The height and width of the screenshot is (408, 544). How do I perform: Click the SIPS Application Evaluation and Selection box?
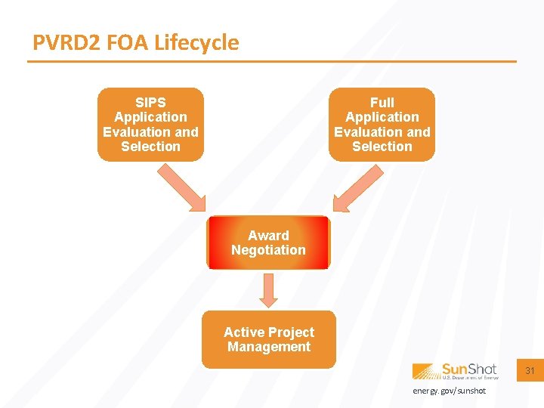tap(150, 125)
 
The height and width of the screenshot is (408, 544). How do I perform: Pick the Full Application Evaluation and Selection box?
tap(382, 125)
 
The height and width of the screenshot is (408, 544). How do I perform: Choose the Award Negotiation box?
tap(268, 243)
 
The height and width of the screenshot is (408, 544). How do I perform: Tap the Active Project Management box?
tap(268, 340)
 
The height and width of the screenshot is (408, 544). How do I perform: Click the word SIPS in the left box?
tap(150, 102)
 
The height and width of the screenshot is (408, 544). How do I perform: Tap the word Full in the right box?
tap(382, 102)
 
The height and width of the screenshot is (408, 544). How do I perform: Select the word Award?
tap(268, 236)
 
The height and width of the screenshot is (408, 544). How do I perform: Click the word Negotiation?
tap(268, 250)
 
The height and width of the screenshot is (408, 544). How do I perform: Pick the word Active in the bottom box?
tap(243, 332)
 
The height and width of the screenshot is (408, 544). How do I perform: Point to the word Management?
tap(269, 347)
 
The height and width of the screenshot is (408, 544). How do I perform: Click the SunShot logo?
tap(455, 370)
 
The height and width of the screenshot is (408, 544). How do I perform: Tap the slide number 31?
tap(530, 371)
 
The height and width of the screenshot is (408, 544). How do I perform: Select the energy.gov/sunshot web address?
tap(449, 391)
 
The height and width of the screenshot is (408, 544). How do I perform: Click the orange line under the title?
tap(272, 61)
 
